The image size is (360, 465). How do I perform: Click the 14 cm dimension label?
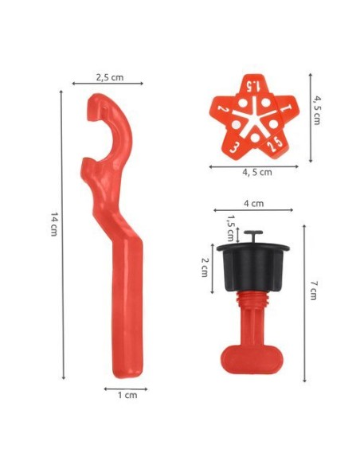tap(53, 224)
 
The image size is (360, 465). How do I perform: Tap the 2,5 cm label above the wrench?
tap(109, 77)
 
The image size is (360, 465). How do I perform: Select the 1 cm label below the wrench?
tap(127, 395)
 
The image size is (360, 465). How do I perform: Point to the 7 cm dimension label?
tap(314, 291)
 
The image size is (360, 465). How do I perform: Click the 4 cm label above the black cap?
tap(253, 204)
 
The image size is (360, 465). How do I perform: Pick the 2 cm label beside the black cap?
tap(205, 268)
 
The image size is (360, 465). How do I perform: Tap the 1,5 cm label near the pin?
tap(230, 228)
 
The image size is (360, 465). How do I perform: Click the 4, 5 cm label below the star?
tap(257, 172)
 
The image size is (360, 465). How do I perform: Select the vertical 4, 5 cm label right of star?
tap(317, 111)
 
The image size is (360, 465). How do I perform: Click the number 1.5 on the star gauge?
tap(254, 86)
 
